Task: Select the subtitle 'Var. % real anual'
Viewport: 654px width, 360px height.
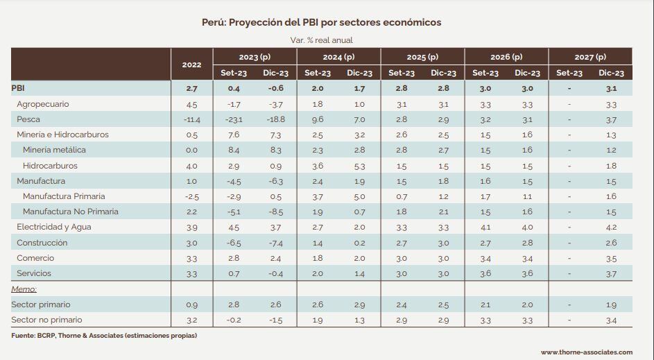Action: pos(320,40)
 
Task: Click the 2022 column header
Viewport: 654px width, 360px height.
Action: pos(191,65)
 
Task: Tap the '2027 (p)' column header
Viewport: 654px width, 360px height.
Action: pos(590,57)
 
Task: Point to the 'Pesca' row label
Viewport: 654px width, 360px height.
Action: pos(28,119)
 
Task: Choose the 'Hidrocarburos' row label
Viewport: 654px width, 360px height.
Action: pos(50,166)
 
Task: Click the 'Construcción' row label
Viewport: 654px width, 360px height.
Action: pos(42,243)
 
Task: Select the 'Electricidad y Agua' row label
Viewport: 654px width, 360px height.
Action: pos(54,227)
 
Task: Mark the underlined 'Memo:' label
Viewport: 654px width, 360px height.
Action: pos(24,289)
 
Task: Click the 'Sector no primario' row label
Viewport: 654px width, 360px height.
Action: pos(46,320)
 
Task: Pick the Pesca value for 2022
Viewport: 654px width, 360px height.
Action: pos(191,119)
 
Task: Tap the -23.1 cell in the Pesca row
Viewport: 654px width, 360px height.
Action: pos(234,119)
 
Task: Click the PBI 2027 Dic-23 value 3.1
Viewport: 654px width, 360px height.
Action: pos(611,89)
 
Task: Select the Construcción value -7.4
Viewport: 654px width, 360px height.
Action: pos(276,243)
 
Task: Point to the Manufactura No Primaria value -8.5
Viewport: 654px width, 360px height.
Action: pos(276,212)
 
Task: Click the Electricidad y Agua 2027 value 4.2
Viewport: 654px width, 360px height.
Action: pos(611,227)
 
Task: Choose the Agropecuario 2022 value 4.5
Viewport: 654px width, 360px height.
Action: pos(191,104)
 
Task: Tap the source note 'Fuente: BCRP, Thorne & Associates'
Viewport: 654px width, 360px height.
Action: pos(104,336)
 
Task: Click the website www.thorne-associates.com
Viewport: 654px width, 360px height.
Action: pos(587,352)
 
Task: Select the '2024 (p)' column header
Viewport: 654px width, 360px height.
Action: pos(338,57)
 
